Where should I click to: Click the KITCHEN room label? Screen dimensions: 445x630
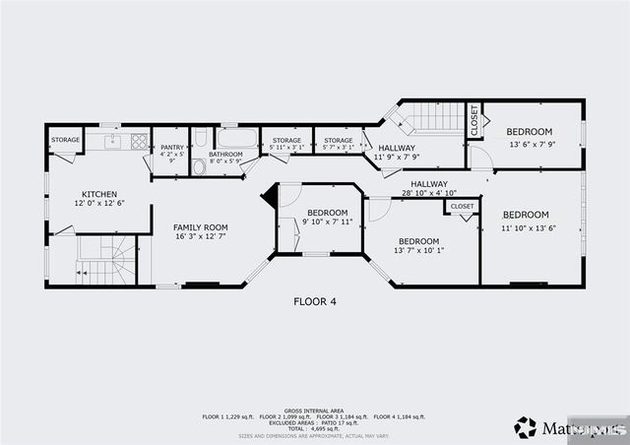coord(99,194)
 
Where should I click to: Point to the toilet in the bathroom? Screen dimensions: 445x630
coord(199,166)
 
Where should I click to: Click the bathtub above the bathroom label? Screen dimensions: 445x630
coord(237,138)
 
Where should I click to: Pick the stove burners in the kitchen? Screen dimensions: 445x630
coord(139,141)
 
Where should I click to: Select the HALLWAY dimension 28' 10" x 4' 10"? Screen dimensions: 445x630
coord(429,193)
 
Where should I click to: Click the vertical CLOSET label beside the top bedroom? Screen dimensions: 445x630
coord(473,120)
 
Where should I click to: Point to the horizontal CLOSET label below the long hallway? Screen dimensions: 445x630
coord(462,206)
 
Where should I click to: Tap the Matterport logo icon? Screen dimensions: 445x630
coord(526,427)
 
